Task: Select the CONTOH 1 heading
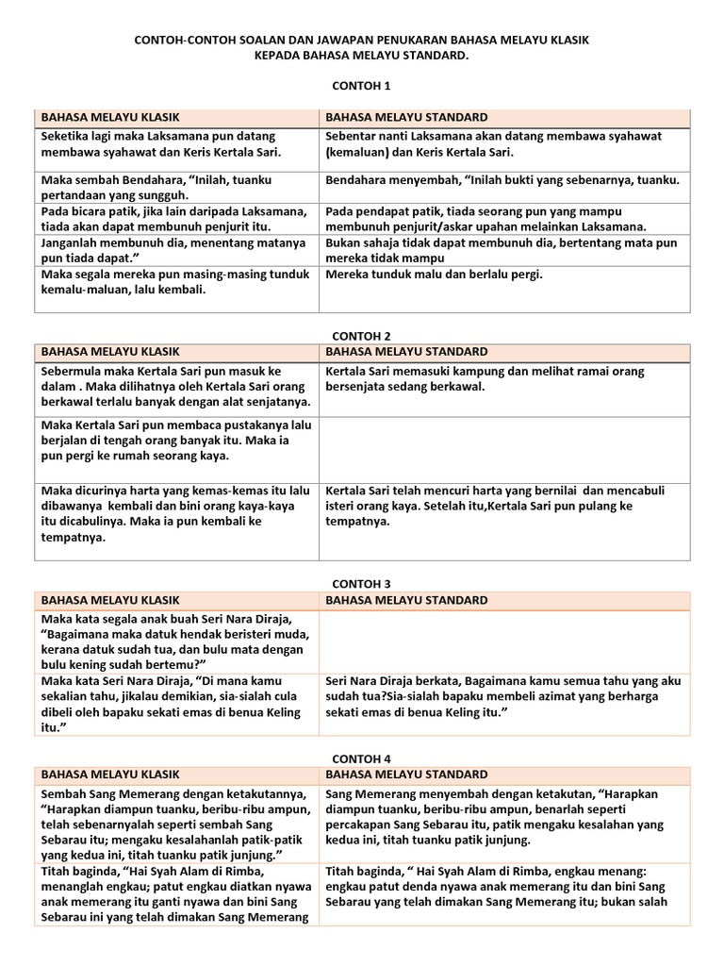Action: [361, 86]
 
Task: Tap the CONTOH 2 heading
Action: [361, 335]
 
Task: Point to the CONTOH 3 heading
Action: [361, 584]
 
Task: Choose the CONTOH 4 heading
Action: [361, 758]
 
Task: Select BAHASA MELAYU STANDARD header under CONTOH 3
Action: [406, 600]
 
